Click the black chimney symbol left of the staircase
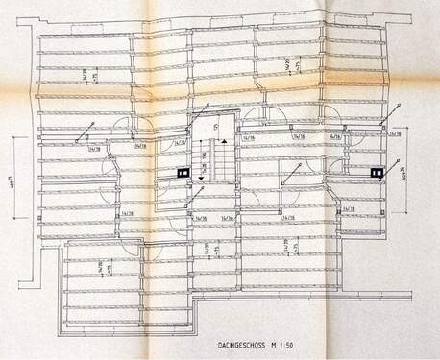(x=181, y=174)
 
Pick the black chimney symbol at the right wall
(x=378, y=174)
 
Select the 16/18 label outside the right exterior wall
(x=394, y=135)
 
